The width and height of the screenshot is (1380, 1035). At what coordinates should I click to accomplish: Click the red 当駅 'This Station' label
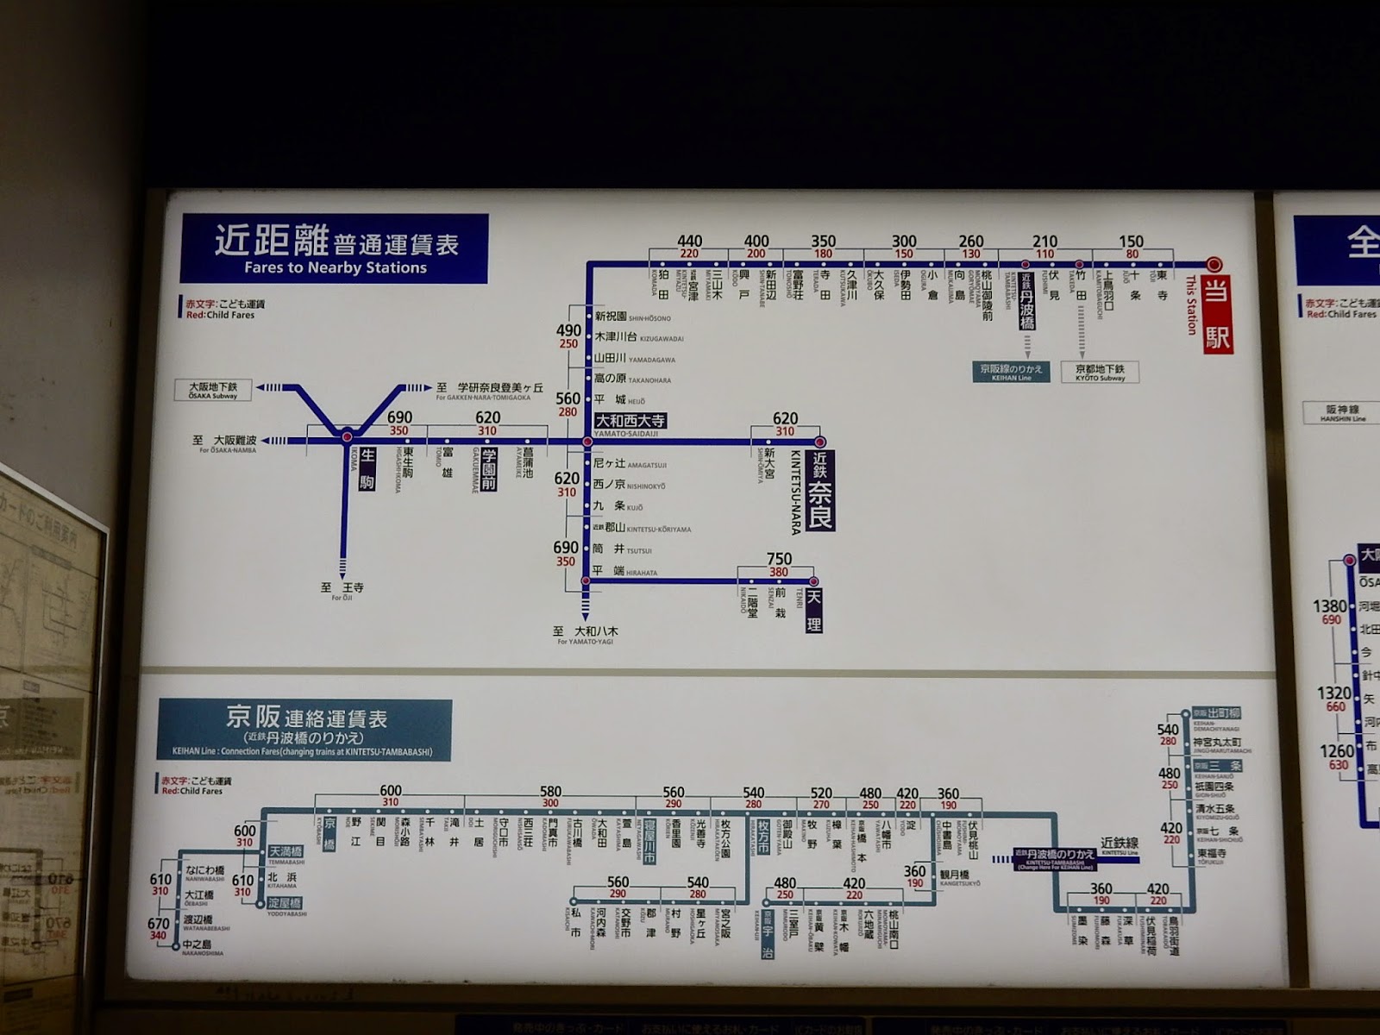pyautogui.click(x=1217, y=315)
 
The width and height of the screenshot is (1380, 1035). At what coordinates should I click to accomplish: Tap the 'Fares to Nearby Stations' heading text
pyautogui.click(x=335, y=267)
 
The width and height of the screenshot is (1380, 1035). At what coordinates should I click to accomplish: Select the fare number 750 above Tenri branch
pyautogui.click(x=779, y=559)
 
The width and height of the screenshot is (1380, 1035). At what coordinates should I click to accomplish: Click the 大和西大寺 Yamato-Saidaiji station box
pyautogui.click(x=630, y=421)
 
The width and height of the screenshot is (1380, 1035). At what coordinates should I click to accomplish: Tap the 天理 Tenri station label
pyautogui.click(x=813, y=611)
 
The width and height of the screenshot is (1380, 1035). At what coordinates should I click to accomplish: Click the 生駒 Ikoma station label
pyautogui.click(x=367, y=468)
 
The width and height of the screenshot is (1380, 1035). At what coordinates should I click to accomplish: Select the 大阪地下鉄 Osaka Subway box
pyautogui.click(x=213, y=389)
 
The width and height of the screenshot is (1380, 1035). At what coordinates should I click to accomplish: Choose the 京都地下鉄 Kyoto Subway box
pyautogui.click(x=1100, y=372)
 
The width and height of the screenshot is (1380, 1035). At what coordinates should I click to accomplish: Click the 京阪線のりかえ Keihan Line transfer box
pyautogui.click(x=1010, y=372)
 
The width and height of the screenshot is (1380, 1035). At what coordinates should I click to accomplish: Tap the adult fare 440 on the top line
pyautogui.click(x=689, y=241)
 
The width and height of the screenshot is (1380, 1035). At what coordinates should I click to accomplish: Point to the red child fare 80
pyautogui.click(x=1132, y=254)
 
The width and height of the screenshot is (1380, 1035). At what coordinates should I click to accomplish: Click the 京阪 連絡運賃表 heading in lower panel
pyautogui.click(x=305, y=718)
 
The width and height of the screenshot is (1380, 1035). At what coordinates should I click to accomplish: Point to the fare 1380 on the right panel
pyautogui.click(x=1329, y=606)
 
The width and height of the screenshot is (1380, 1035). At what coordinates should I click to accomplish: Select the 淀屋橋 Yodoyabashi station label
pyautogui.click(x=285, y=903)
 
